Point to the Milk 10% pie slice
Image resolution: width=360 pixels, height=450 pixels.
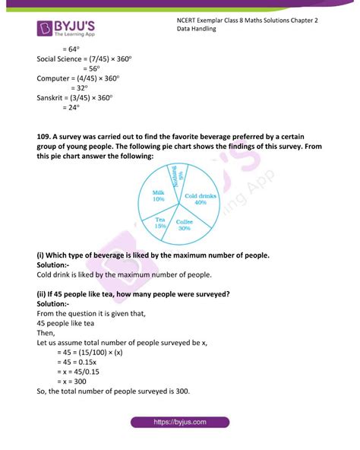pyautogui.click(x=158, y=196)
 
